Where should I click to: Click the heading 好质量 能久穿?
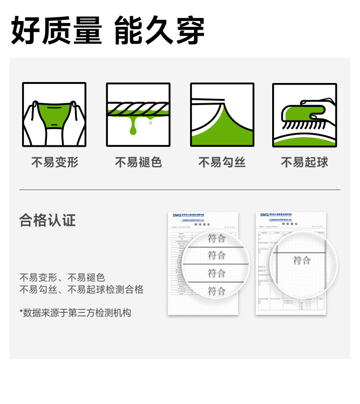108,30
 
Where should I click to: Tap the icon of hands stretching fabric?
54,115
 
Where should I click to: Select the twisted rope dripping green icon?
138,115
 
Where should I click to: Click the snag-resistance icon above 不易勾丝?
222,115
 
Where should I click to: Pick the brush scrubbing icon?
304,115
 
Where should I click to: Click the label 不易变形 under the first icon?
54,162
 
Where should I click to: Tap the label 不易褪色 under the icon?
138,162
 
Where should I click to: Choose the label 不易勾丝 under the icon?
222,162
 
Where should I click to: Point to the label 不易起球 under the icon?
304,162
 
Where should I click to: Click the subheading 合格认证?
48,220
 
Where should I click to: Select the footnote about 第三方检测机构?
75,313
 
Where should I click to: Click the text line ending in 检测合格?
81,289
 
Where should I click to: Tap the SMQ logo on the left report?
177,215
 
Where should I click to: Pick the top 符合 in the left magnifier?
216,238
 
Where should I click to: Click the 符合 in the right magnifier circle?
302,261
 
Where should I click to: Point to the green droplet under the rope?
133,129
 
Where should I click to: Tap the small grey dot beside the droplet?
150,123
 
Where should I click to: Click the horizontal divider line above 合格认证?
180,190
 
